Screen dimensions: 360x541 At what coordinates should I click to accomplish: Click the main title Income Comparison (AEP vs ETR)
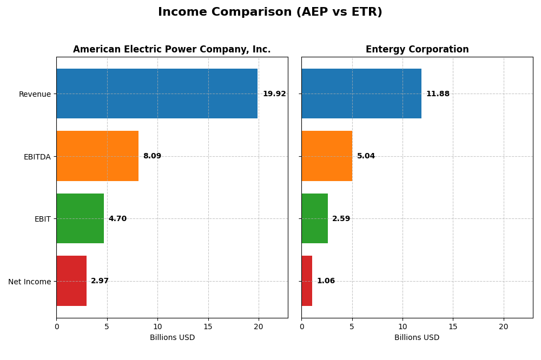(270, 12)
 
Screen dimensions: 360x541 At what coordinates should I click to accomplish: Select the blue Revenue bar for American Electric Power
(157, 94)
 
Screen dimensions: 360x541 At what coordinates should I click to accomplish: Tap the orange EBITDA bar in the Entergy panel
(327, 156)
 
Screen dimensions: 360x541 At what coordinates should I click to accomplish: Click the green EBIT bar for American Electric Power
(80, 218)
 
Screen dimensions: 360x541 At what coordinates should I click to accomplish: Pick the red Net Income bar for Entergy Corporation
(307, 281)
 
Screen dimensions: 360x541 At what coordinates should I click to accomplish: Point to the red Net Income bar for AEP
(71, 281)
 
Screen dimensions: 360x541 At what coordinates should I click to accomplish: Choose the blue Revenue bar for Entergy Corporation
(361, 94)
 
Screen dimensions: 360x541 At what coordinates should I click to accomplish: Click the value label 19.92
(274, 94)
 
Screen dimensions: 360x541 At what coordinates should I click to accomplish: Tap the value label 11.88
(438, 94)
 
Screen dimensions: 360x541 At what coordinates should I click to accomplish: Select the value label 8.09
(152, 156)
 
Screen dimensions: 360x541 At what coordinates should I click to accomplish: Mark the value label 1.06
(326, 281)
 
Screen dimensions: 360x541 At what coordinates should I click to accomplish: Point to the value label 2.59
(341, 219)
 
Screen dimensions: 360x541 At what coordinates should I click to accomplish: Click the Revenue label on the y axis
(35, 94)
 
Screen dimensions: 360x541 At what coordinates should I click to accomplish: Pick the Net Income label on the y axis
(30, 282)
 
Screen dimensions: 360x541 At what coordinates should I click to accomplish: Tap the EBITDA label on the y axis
(37, 157)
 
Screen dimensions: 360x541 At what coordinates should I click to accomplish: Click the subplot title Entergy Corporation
(417, 50)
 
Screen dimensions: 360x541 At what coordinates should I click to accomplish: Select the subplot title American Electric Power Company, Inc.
(172, 50)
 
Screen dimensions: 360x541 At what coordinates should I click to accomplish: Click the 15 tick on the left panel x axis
(208, 326)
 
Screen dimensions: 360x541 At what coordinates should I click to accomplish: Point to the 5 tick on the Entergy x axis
(352, 326)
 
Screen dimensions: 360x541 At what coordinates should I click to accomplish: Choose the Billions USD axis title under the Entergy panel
(417, 338)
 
